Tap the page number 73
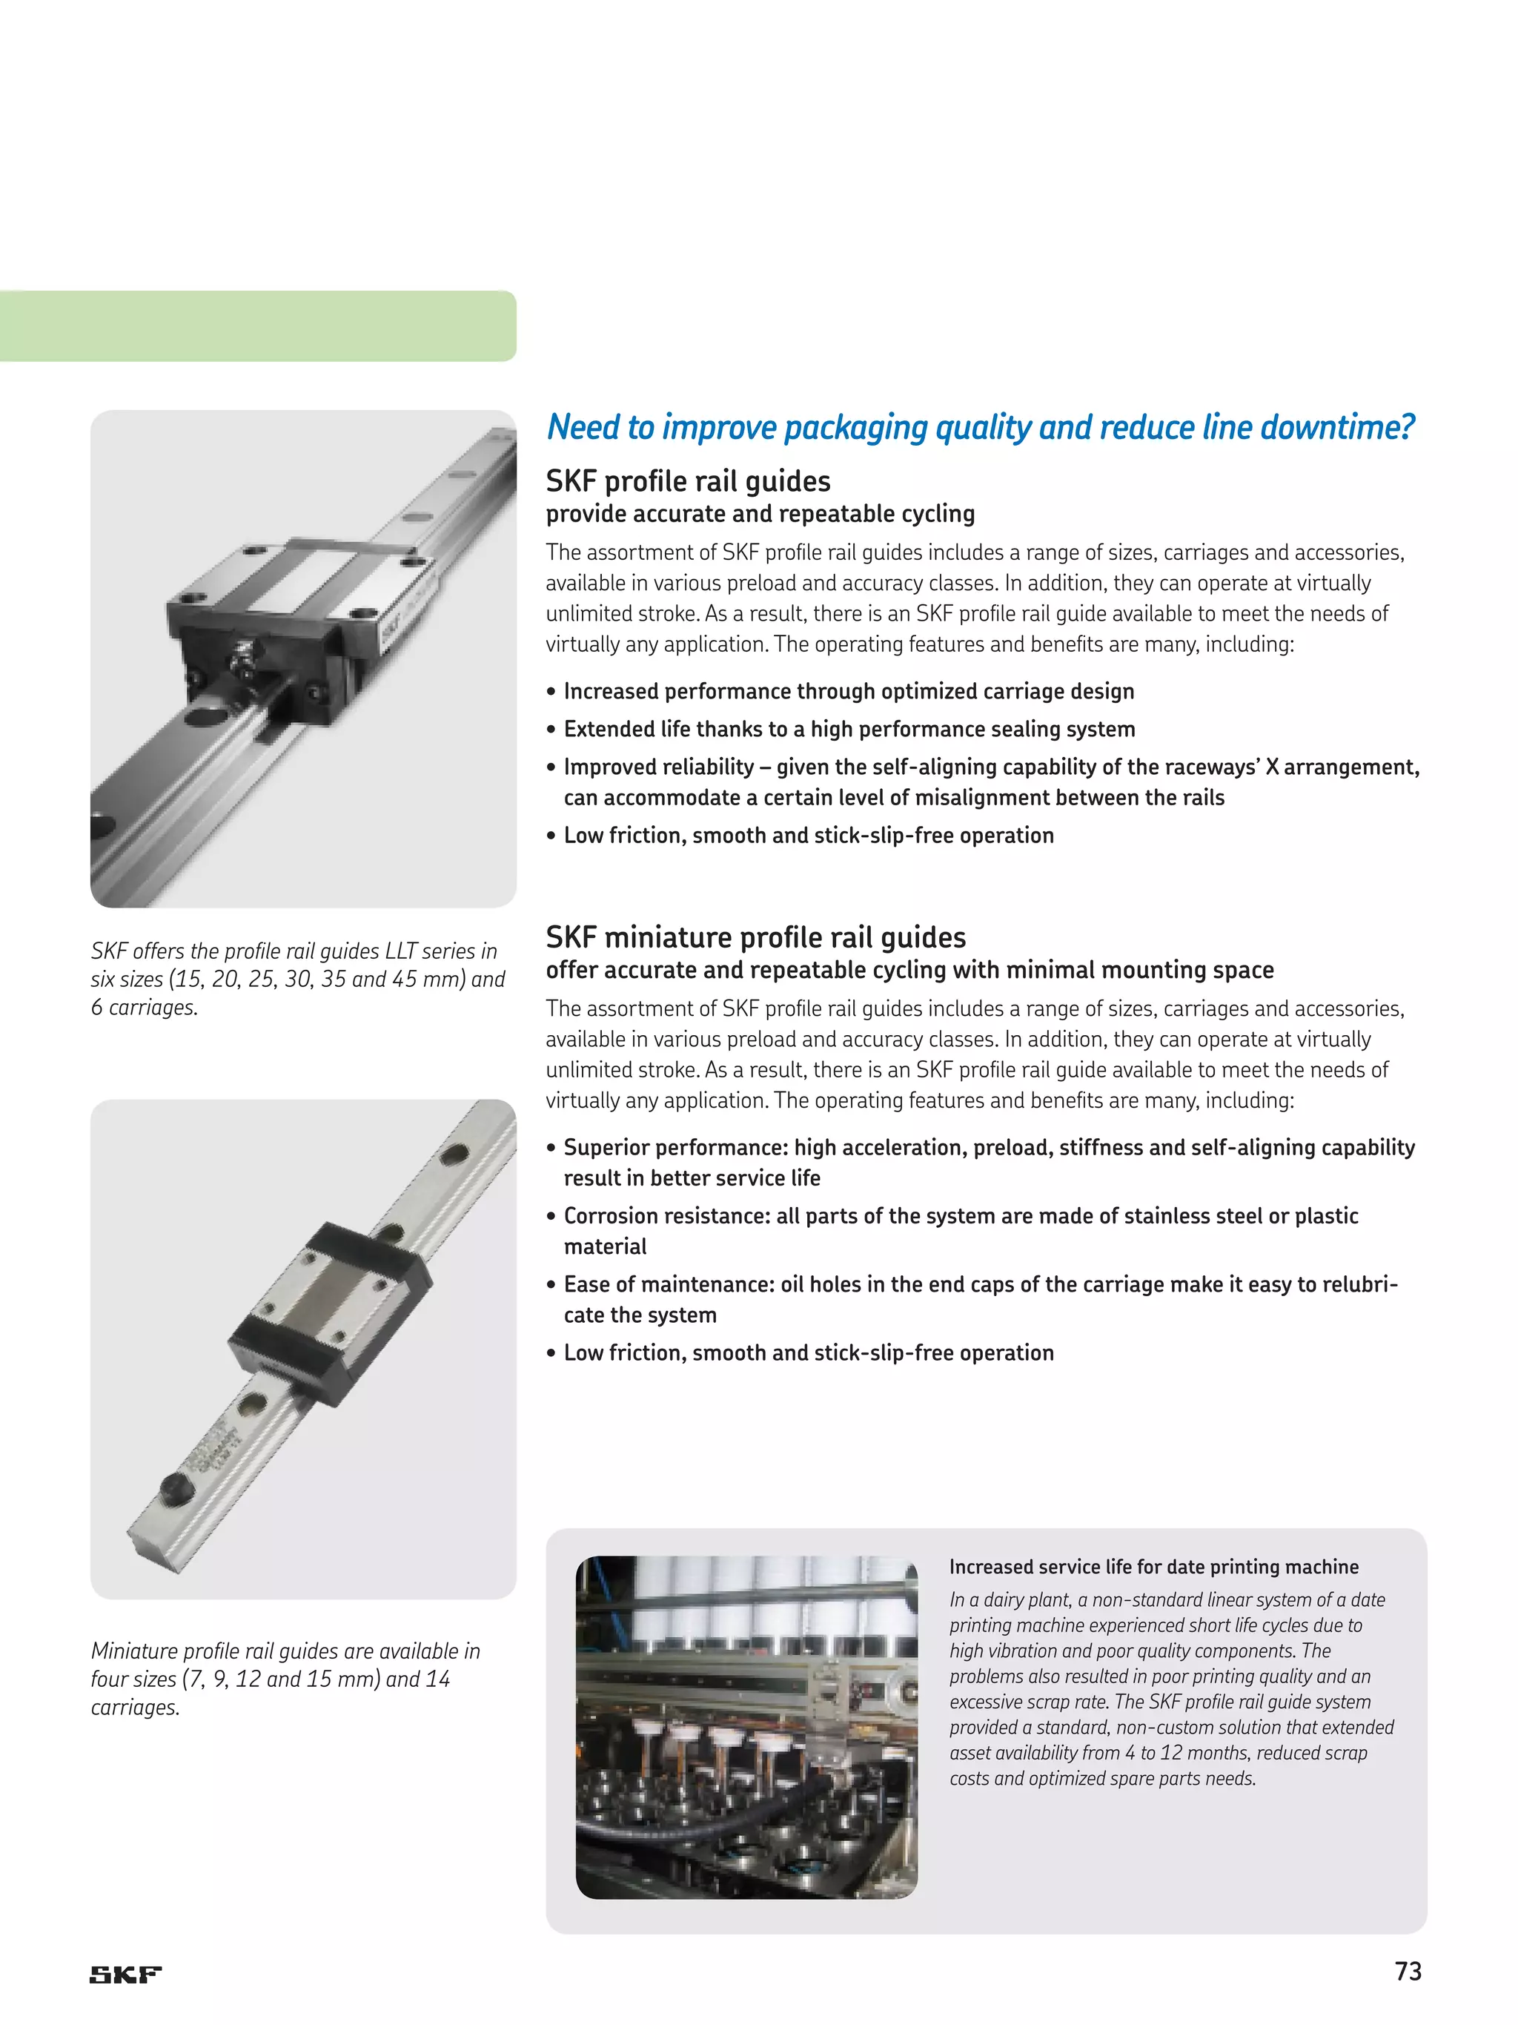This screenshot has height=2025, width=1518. pyautogui.click(x=1408, y=1971)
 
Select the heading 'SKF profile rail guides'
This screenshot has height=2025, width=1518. pyautogui.click(x=688, y=481)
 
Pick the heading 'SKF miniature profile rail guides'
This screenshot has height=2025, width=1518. pyautogui.click(x=756, y=937)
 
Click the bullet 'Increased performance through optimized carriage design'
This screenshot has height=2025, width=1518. pyautogui.click(x=848, y=691)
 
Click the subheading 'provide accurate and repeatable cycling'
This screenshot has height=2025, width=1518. pyautogui.click(x=760, y=514)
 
